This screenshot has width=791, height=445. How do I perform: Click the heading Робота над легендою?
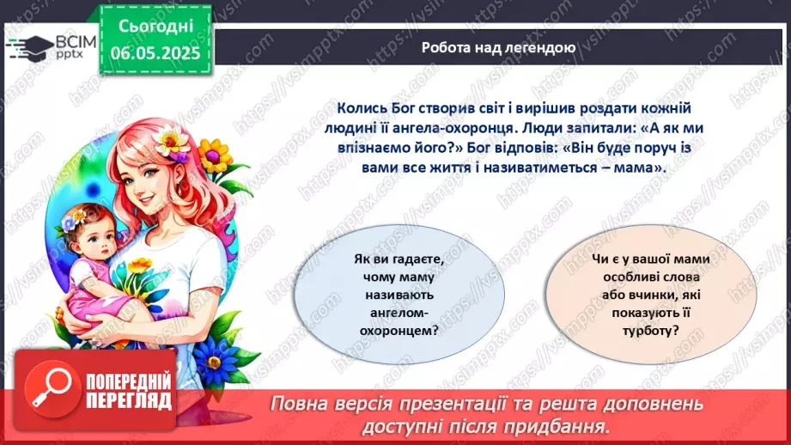[x=498, y=47]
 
